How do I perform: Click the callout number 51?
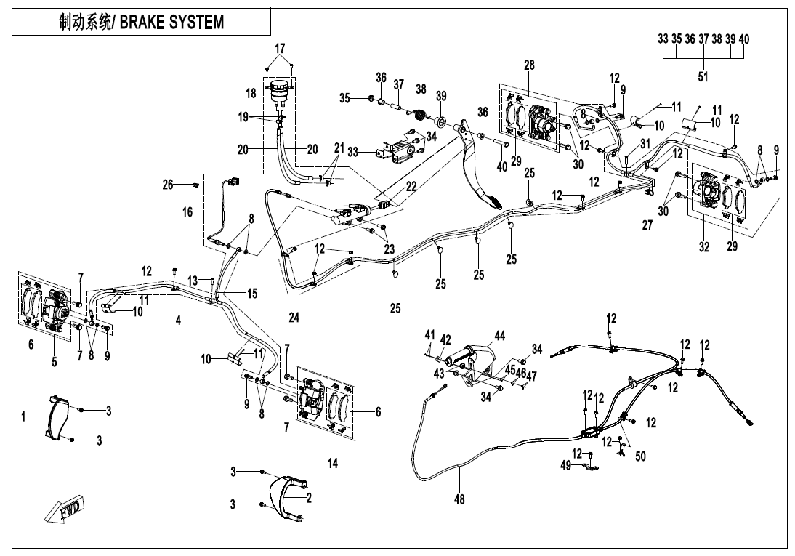pos(703,75)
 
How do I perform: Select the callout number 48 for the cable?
pos(459,499)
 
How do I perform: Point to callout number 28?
pos(529,65)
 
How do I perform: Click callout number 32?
pos(703,247)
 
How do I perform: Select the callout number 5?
pos(55,362)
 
